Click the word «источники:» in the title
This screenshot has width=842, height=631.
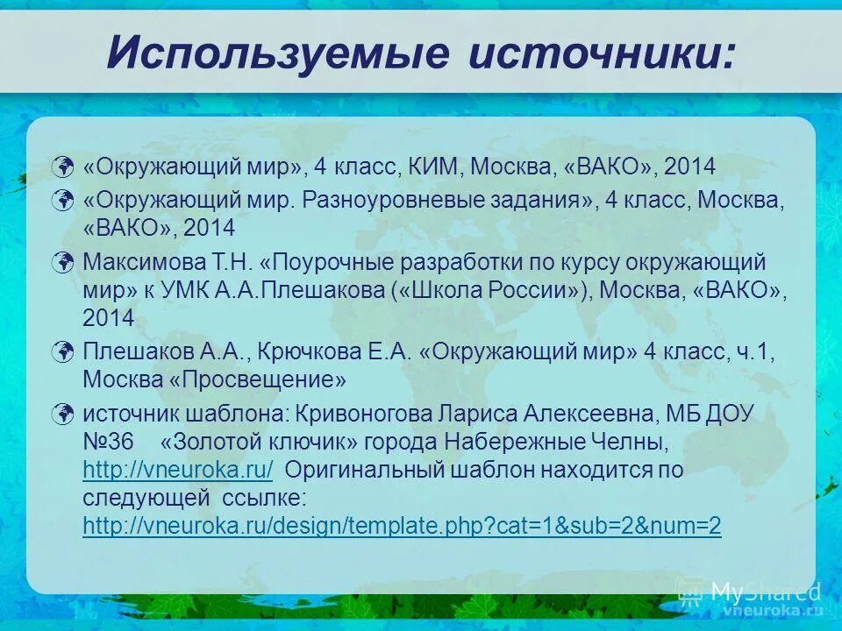602,53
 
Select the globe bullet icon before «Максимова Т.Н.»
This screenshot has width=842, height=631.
62,262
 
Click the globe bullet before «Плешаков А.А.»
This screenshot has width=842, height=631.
62,352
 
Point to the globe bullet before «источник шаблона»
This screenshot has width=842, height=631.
62,414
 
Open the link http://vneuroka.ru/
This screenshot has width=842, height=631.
178,470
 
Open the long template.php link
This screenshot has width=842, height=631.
402,526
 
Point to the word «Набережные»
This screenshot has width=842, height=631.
538,442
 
